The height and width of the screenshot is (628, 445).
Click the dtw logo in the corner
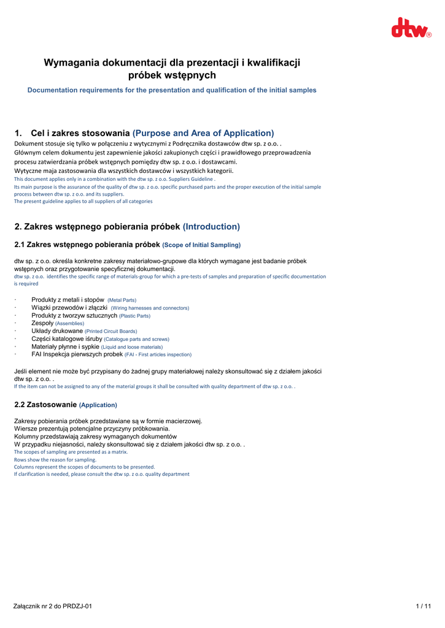[411, 28]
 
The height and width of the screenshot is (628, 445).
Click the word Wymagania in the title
[72, 63]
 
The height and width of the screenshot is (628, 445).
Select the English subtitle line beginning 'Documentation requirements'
[172, 90]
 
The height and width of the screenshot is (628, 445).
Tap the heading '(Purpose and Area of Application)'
[203, 133]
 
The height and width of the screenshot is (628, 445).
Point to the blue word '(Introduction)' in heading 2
[211, 227]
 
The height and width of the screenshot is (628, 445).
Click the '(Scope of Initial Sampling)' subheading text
[201, 245]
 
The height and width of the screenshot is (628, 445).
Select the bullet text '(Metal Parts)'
[122, 301]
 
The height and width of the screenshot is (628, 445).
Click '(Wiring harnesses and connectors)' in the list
[150, 308]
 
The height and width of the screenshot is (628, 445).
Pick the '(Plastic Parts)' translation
[134, 316]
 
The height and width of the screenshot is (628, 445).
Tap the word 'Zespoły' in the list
[42, 323]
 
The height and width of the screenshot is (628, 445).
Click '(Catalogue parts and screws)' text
[136, 339]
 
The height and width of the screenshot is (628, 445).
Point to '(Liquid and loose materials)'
[132, 347]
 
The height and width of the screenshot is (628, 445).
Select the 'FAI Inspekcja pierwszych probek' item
[77, 354]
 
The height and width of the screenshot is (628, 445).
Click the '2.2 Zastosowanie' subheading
[45, 405]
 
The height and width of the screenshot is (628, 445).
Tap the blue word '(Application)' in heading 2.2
[98, 405]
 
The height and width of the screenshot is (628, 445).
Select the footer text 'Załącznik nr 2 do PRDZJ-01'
[53, 607]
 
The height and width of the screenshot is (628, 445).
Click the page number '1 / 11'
[424, 607]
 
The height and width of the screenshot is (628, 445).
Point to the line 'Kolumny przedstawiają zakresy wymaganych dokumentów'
[95, 437]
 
